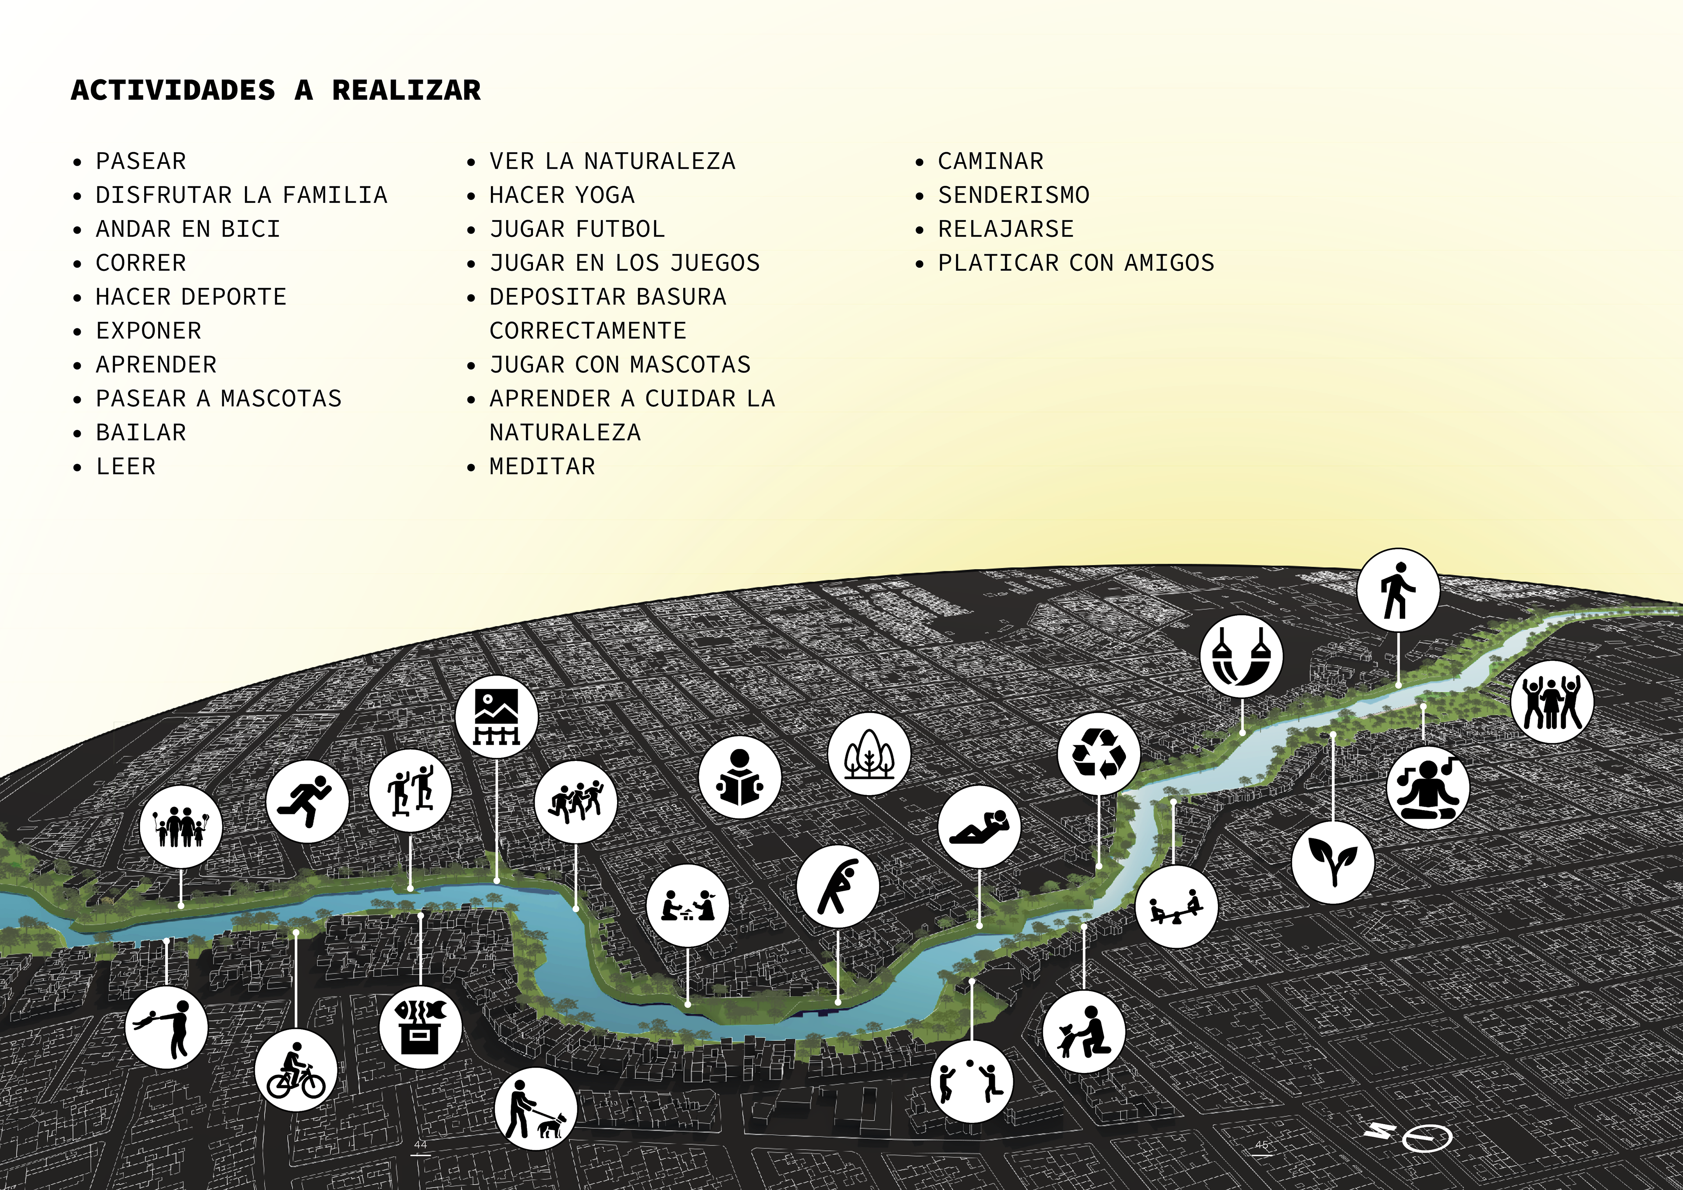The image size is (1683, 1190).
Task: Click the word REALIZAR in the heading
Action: point(406,90)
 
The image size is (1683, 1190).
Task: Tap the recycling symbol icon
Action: point(1098,753)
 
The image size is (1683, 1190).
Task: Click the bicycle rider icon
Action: point(296,1070)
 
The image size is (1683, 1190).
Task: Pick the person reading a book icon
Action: point(740,777)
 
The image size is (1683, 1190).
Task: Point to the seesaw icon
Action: point(1176,907)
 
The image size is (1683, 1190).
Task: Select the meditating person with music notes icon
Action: point(1427,788)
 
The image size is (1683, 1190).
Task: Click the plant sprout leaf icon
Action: point(1332,862)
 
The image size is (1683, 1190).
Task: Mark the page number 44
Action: point(420,1144)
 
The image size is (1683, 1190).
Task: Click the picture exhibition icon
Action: point(496,716)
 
